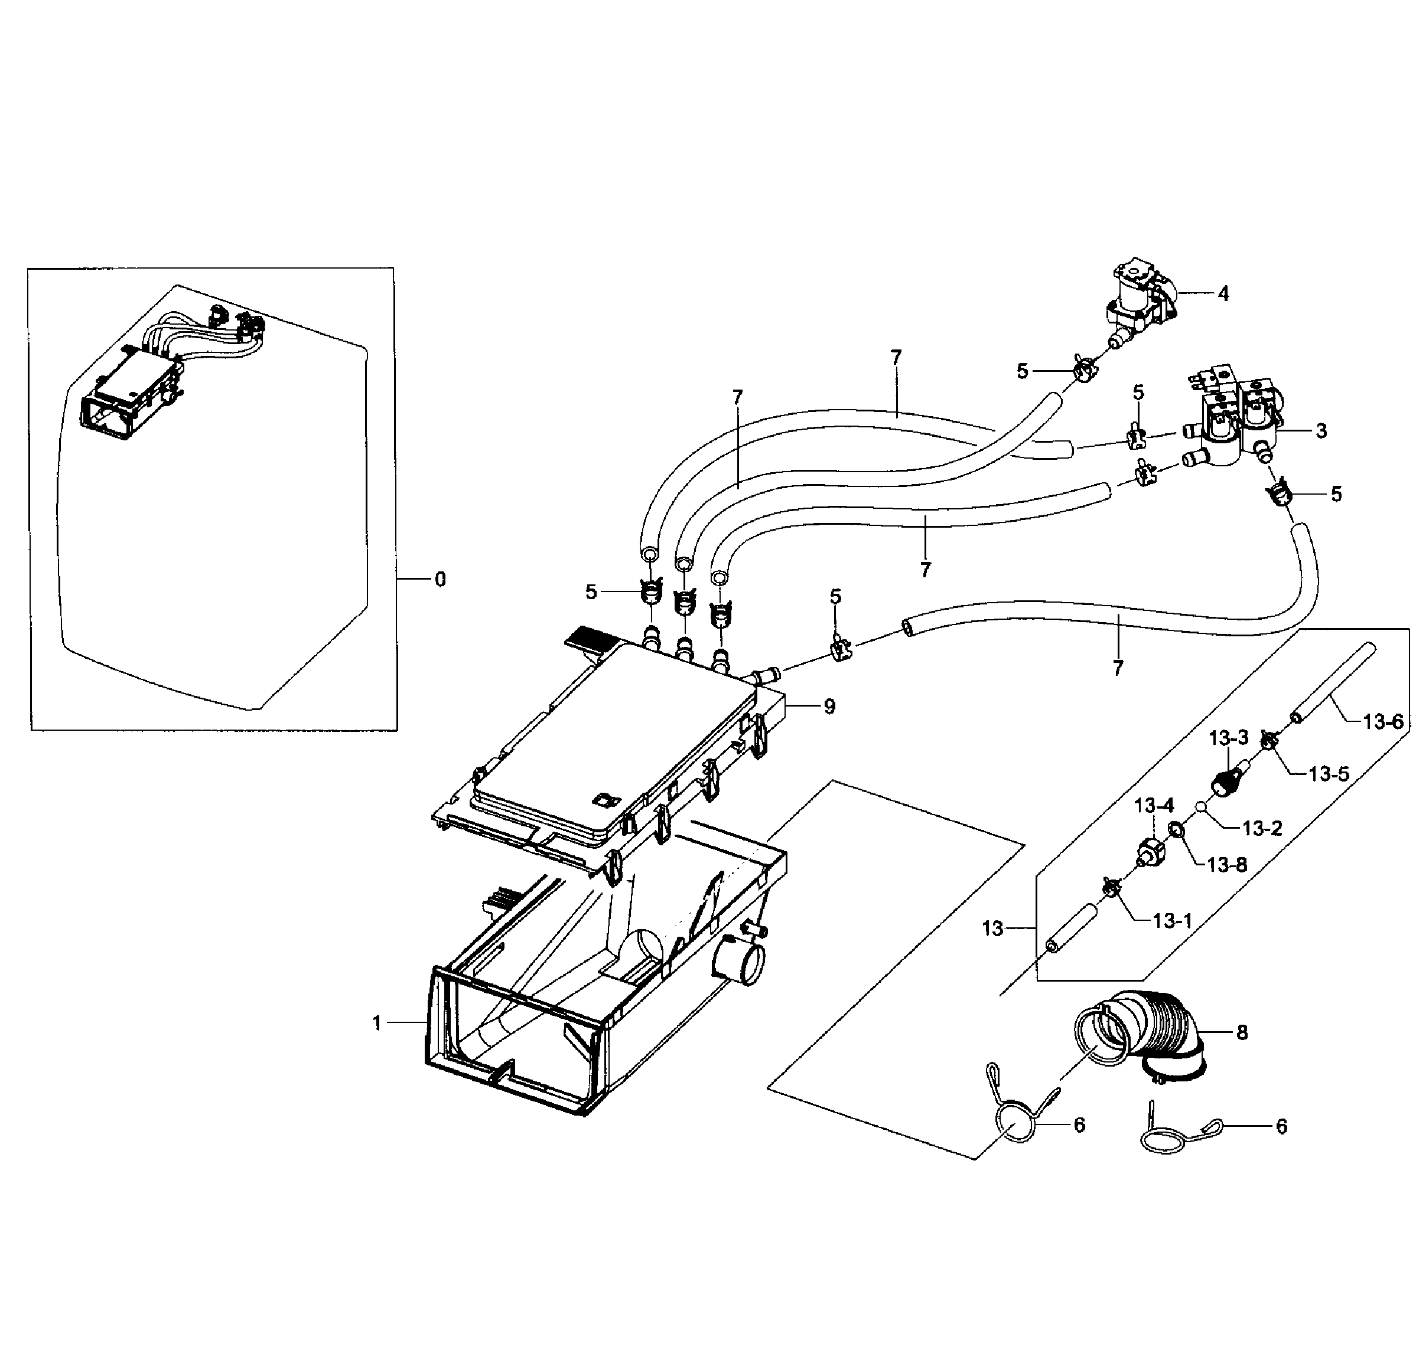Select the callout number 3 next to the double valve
[x=1321, y=431]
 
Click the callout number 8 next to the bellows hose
[x=1241, y=1032]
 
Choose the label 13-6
[x=1382, y=721]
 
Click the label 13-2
[x=1262, y=829]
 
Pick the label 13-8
[x=1226, y=865]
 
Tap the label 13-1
[x=1172, y=920]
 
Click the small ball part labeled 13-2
[x=1200, y=806]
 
